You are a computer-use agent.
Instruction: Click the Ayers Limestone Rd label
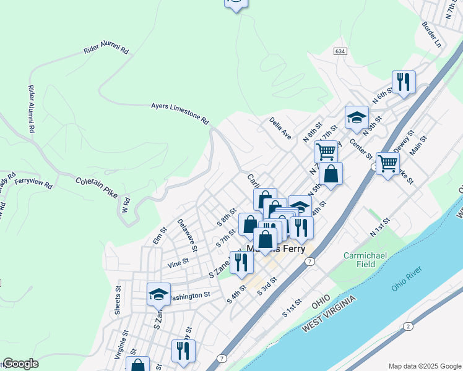pos(180,114)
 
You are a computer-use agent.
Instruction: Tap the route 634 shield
pos(339,51)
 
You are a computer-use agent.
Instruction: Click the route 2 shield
pos(408,326)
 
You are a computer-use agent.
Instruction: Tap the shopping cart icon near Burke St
pos(387,164)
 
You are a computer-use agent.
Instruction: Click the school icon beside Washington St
pos(158,294)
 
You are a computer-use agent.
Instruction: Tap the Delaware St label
pos(187,235)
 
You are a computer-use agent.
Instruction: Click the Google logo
pos(20,364)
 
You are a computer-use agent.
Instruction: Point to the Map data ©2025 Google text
pos(424,365)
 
